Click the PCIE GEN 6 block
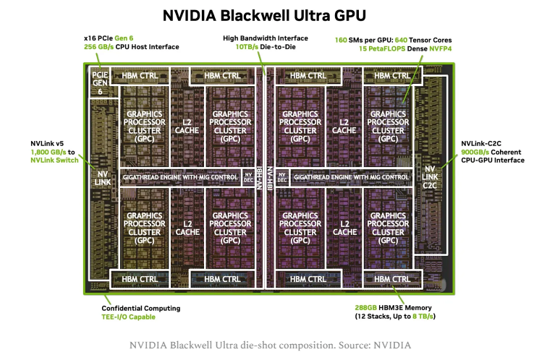100,83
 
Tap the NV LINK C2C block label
430,177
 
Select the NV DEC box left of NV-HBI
248,177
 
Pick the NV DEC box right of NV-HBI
282,177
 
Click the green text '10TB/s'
247,47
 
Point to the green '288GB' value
365,308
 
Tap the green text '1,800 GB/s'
48,152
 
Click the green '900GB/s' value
475,152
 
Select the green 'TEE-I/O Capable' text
128,317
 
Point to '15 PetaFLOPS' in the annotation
382,48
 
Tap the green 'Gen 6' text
124,38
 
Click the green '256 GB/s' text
98,47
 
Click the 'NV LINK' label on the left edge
102,178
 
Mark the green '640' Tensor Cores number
401,40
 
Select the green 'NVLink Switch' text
54,160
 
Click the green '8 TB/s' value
423,317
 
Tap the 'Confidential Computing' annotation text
141,308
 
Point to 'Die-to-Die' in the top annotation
278,47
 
